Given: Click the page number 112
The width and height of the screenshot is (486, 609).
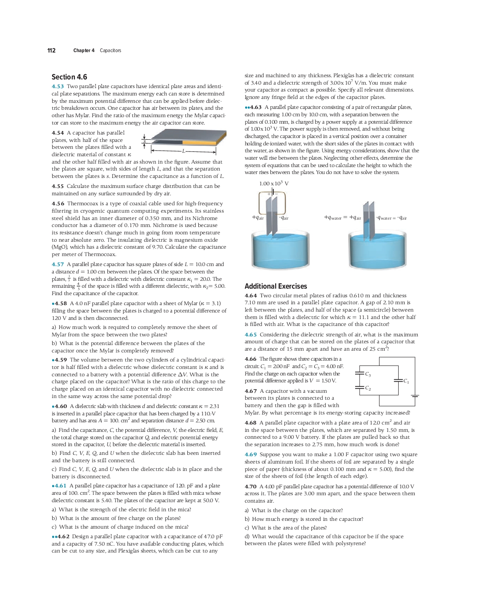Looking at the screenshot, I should pos(51,50).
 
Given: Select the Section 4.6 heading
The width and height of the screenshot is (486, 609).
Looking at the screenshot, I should pos(69,77).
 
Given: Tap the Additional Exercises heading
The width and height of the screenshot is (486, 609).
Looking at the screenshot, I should pos(276,286).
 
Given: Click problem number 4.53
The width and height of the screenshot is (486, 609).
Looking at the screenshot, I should pos(58,86).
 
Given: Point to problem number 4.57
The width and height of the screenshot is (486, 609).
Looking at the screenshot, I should pos(58,264).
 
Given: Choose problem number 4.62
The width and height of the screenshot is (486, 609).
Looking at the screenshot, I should pos(63,537).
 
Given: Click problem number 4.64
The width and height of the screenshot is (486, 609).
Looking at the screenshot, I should pos(251,296).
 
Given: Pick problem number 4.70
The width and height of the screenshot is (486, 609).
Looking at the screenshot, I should pos(251,487).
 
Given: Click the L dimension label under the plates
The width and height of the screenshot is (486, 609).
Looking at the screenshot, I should pos(183,151).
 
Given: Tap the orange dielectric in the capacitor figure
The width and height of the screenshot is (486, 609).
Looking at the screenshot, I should pos(199,142).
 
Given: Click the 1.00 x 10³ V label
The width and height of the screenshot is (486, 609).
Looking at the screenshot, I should pos(274,184).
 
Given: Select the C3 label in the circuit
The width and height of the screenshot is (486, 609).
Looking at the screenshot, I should pos(368,374).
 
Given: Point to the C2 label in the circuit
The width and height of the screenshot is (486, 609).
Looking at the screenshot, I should pos(368,388).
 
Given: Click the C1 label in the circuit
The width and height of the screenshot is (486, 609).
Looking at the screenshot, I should pos(406,381).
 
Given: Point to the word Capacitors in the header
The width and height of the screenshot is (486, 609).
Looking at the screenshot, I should pos(110,50).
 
